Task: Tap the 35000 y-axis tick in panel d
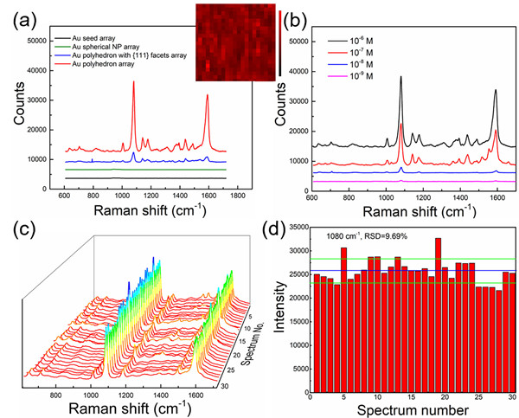click(293, 227)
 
